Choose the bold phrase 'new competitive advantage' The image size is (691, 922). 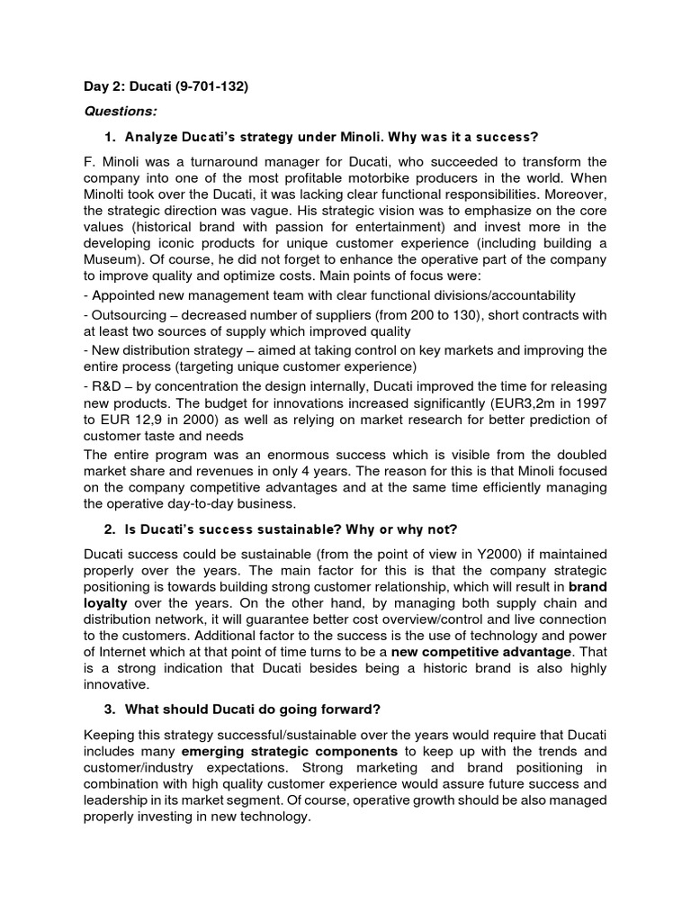coord(487,650)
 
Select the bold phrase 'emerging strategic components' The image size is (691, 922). coord(290,751)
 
